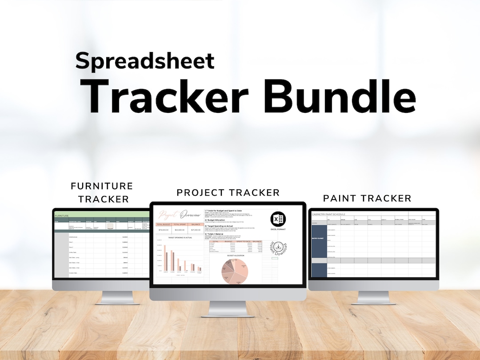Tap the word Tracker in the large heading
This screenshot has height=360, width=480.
coord(172,96)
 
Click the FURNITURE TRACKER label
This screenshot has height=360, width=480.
coord(102,192)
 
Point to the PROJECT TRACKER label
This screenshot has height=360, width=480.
coord(228,192)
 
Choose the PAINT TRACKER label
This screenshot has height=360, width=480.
coord(367,198)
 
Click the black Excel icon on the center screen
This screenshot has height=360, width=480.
coord(278,219)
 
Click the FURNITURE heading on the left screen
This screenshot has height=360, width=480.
coord(62,216)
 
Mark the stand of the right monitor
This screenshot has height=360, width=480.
coord(373,297)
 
